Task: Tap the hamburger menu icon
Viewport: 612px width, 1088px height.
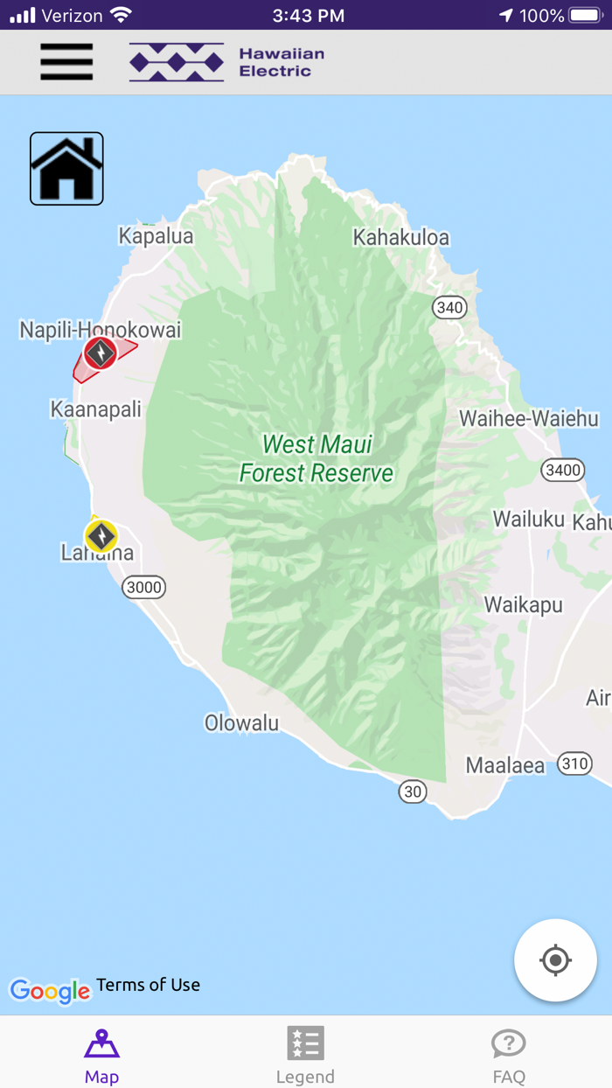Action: (66, 62)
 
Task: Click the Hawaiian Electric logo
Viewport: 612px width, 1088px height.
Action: (226, 62)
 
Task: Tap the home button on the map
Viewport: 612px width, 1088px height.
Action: (66, 169)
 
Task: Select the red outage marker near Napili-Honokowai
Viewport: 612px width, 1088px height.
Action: (101, 353)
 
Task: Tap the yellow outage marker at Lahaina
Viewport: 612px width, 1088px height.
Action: (101, 535)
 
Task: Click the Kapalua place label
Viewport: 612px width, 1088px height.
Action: (156, 236)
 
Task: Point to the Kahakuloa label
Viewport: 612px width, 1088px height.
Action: (400, 237)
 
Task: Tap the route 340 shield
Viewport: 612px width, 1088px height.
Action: (449, 308)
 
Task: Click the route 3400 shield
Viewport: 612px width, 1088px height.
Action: (562, 471)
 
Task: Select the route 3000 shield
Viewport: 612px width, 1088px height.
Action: (144, 588)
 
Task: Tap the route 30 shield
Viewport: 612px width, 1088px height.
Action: (413, 792)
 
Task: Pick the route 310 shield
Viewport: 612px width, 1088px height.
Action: (574, 764)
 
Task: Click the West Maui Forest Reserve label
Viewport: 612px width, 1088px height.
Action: (316, 458)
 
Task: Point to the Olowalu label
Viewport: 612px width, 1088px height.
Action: (241, 723)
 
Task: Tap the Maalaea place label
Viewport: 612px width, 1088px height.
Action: (505, 766)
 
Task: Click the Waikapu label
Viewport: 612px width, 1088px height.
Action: (524, 605)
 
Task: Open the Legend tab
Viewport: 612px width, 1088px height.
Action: (305, 1054)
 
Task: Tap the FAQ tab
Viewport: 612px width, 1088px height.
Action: (509, 1054)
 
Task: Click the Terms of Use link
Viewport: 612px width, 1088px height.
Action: (148, 985)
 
